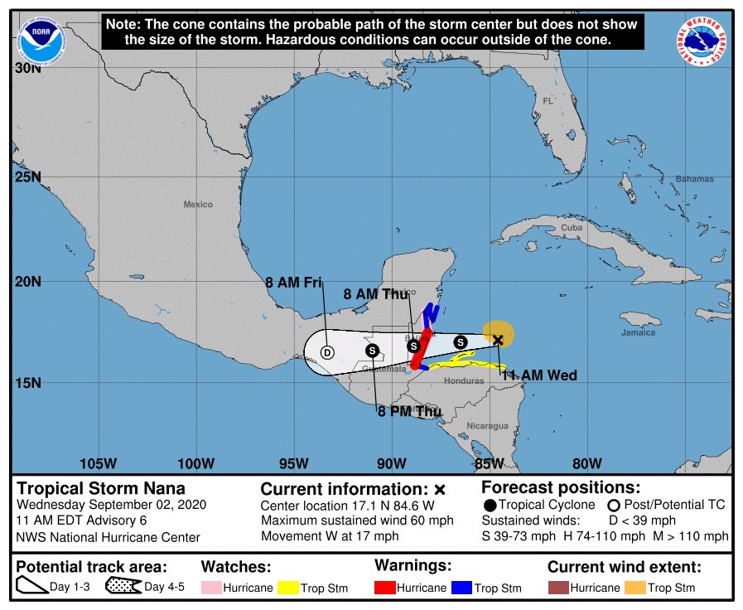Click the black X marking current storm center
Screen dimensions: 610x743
pyautogui.click(x=498, y=340)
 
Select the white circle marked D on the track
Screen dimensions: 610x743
pyautogui.click(x=326, y=351)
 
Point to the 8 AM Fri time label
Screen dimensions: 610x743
pyautogui.click(x=293, y=283)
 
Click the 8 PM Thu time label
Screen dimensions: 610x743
pyautogui.click(x=408, y=411)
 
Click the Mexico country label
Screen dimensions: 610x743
pyautogui.click(x=198, y=204)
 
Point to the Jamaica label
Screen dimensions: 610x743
pyautogui.click(x=638, y=332)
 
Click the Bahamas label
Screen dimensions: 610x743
pyautogui.click(x=693, y=179)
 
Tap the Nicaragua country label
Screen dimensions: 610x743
pyautogui.click(x=488, y=426)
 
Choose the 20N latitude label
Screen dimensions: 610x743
pyautogui.click(x=28, y=282)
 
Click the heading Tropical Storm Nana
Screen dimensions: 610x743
pyautogui.click(x=101, y=488)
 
